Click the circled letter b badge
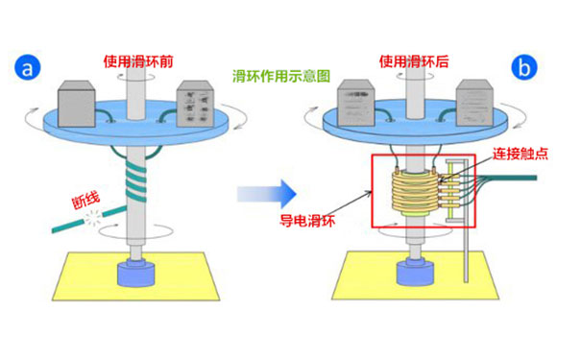tap(527, 68)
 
